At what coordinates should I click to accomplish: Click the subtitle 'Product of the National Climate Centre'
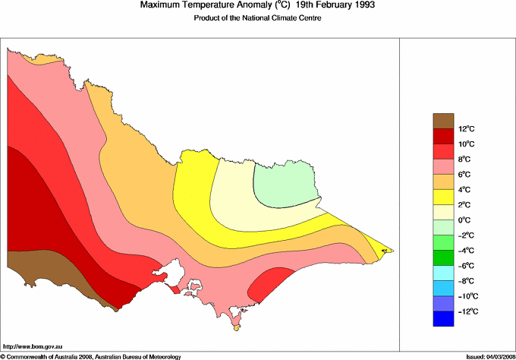tap(258, 18)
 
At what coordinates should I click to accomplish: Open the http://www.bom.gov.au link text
tap(31, 346)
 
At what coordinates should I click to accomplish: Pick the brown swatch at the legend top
tap(444, 121)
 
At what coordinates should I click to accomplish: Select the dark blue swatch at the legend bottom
tap(444, 319)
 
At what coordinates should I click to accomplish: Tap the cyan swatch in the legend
tap(444, 273)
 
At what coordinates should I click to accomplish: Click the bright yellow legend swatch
tap(444, 197)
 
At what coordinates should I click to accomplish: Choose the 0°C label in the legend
tap(465, 220)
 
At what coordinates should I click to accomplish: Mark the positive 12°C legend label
tap(465, 129)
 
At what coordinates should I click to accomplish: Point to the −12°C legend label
tap(465, 311)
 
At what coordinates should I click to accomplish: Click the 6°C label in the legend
tap(465, 175)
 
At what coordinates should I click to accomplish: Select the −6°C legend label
tap(465, 266)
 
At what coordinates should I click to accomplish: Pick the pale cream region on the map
tap(235, 194)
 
